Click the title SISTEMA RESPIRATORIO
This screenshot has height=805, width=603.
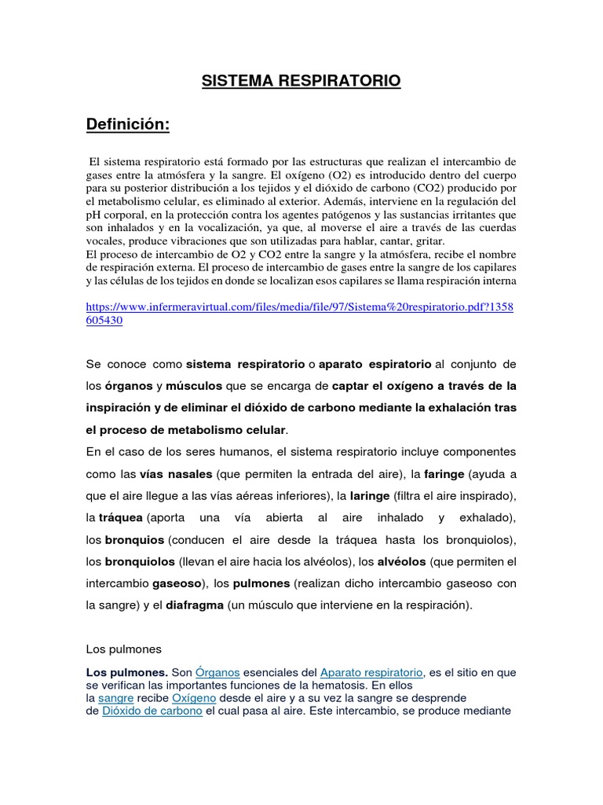301,81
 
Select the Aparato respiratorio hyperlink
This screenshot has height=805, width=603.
371,672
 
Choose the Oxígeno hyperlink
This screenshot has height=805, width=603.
195,697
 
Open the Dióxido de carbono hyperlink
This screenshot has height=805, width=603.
152,711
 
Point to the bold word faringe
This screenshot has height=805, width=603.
444,475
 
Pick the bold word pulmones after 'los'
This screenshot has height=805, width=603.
261,584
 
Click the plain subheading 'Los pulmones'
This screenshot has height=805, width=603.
122,649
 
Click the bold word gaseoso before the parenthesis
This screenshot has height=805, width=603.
177,584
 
